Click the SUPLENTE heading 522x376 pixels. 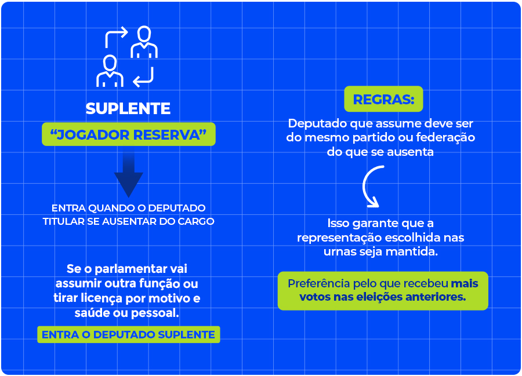coord(128,108)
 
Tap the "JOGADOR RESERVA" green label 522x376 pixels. coord(128,134)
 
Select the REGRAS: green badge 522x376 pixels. coord(383,99)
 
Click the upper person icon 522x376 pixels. coord(144,42)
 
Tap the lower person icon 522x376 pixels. coord(110,71)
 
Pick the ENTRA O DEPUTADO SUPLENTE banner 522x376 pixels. coord(128,334)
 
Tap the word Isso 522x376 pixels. coord(339,224)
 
